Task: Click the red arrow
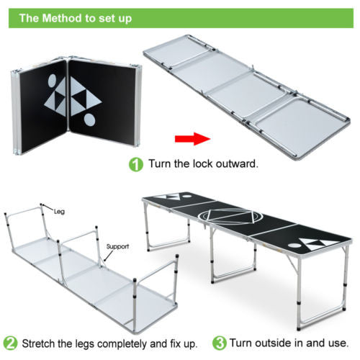(189, 138)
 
